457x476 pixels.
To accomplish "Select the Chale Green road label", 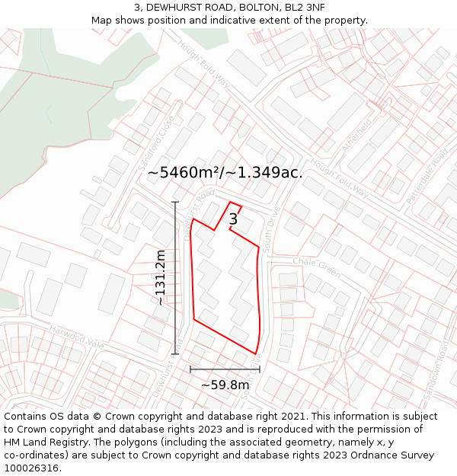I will click(316, 267).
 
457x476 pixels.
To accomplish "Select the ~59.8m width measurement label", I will click(225, 385).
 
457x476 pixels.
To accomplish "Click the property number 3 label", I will click(233, 219).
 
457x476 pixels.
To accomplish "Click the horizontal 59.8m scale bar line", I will click(225, 369).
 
